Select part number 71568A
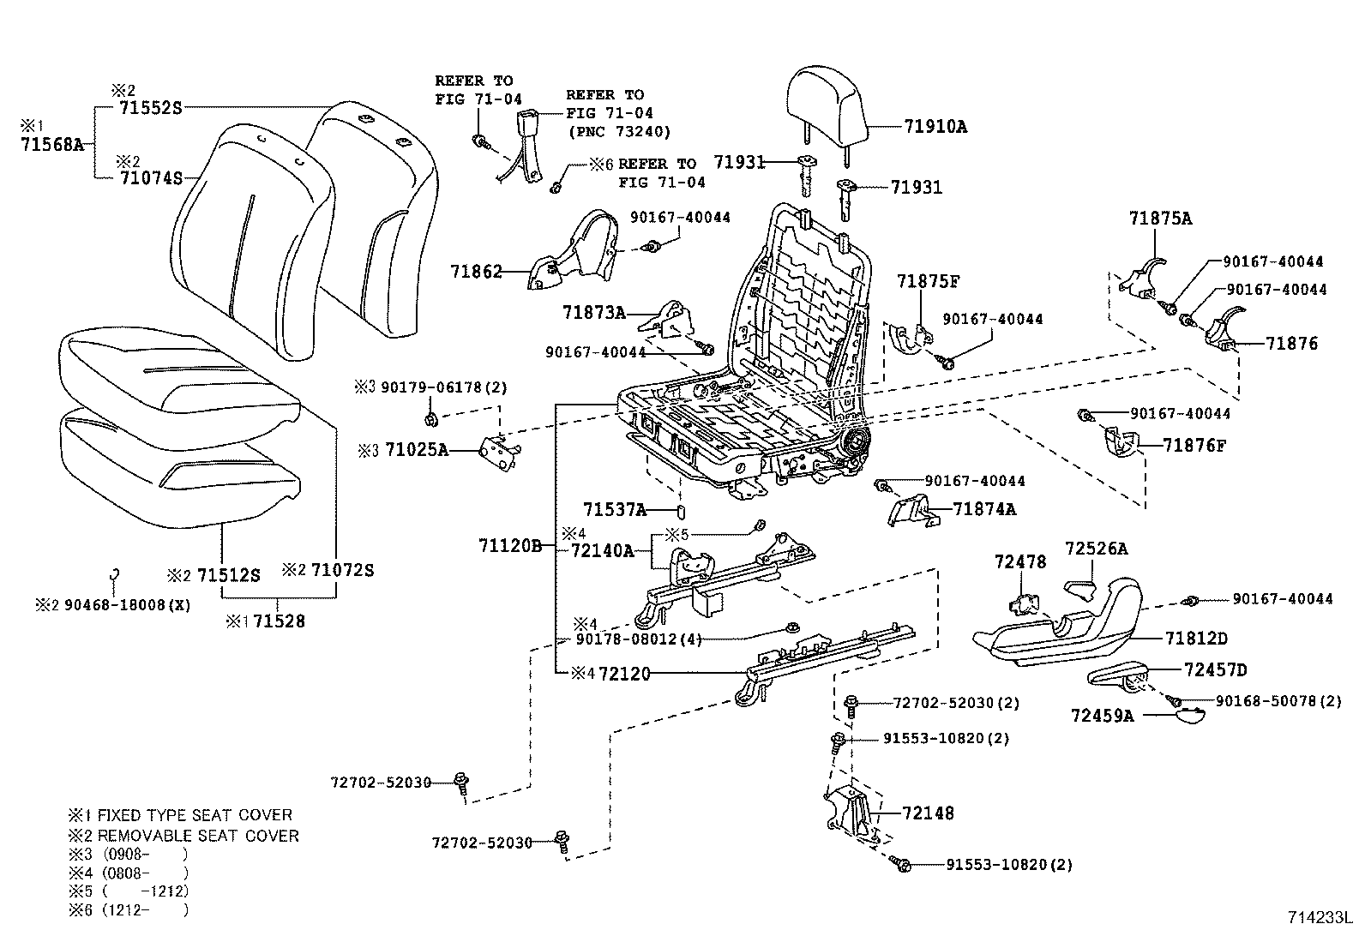coord(51,144)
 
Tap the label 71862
coord(476,272)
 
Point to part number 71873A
coord(594,312)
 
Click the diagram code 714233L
coord(1319,917)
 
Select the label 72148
coord(927,813)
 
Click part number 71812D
coord(1196,639)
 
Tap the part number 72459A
coord(1102,715)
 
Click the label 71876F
coord(1194,445)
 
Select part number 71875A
coord(1159,219)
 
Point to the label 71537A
coord(615,510)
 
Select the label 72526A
coord(1096,549)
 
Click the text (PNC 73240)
coord(619,131)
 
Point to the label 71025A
coord(417,449)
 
